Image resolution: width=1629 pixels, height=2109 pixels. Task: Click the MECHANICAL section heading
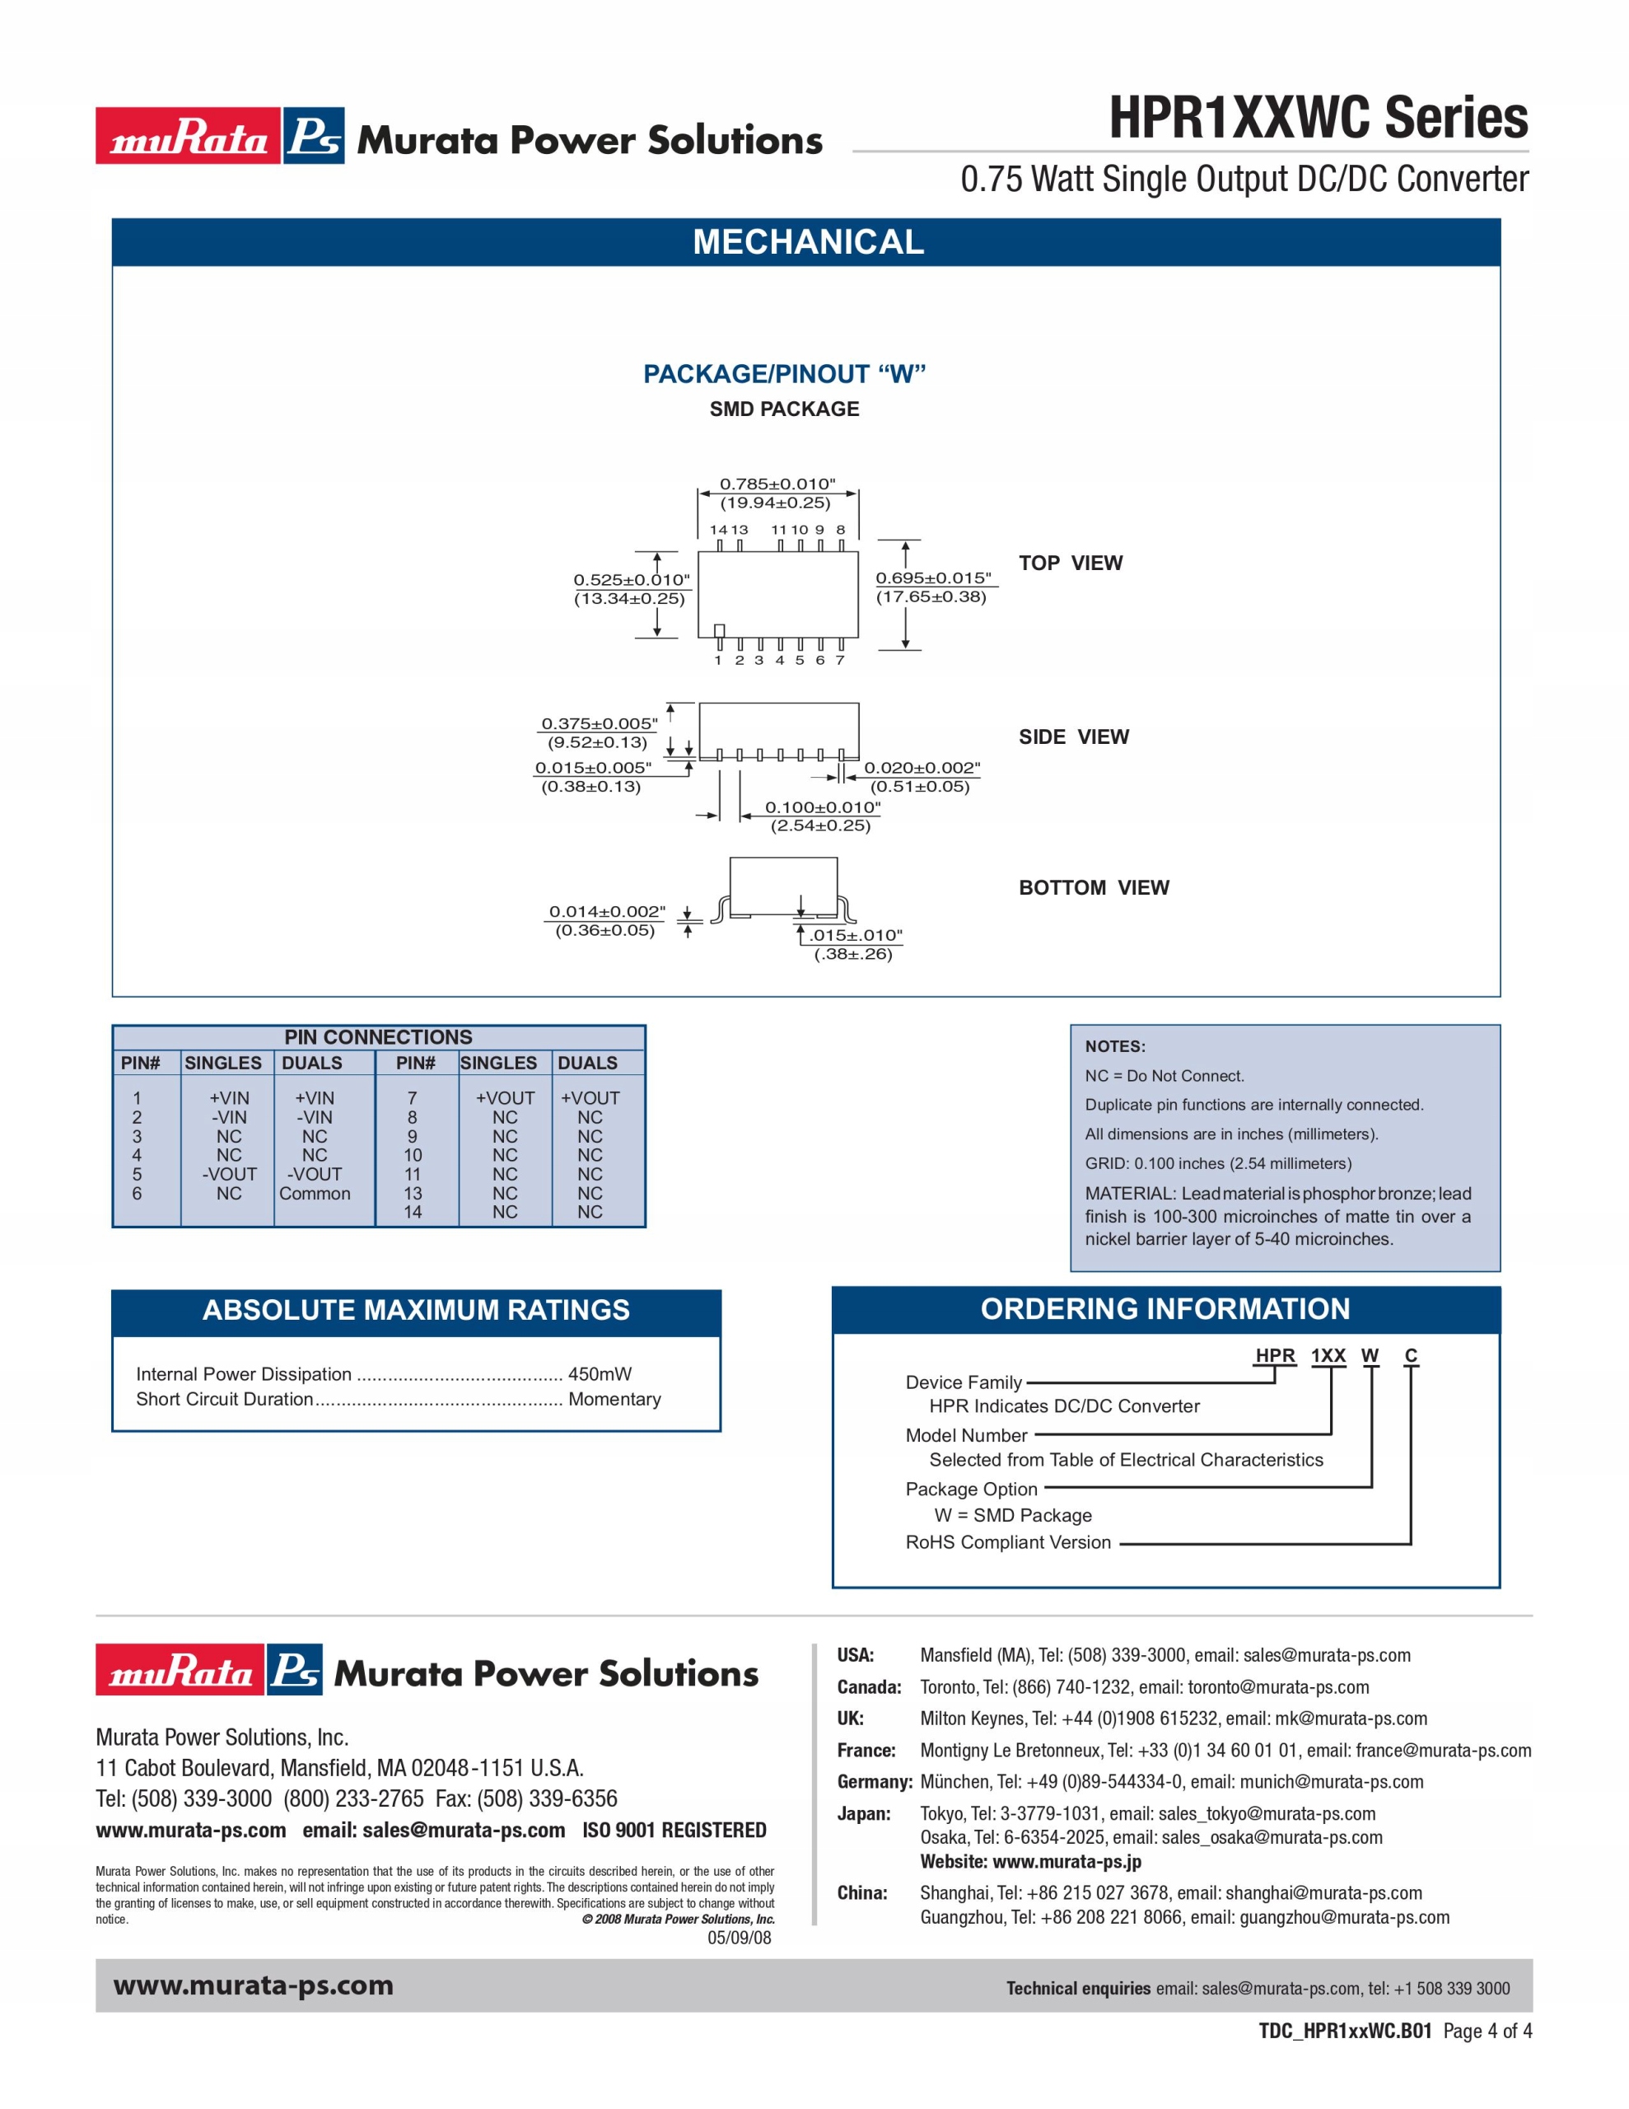[x=807, y=241]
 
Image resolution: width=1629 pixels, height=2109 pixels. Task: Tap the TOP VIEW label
[x=1070, y=563]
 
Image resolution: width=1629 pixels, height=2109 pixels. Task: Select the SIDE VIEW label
[x=1073, y=737]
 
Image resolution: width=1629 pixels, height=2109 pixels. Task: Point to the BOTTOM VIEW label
[x=1093, y=887]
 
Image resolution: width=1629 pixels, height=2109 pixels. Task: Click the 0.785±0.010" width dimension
[x=777, y=484]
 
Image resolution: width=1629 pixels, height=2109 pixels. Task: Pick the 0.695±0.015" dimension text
[x=933, y=578]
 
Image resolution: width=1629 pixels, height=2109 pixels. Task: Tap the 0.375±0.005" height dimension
[x=599, y=723]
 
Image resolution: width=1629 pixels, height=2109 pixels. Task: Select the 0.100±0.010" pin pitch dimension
[x=823, y=807]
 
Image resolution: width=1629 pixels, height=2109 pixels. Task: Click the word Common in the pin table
[x=315, y=1194]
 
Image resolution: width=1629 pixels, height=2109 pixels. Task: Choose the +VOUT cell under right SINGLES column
[x=504, y=1098]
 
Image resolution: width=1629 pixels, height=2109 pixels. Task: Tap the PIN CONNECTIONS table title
[x=377, y=1037]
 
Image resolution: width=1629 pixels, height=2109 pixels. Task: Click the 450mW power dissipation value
[x=600, y=1374]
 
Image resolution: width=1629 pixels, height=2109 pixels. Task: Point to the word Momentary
[x=614, y=1399]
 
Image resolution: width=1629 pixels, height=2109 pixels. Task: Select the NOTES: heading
[x=1114, y=1047]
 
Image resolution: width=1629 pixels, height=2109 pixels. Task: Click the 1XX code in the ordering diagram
[x=1328, y=1356]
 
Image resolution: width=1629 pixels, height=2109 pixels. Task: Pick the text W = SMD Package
[x=1012, y=1515]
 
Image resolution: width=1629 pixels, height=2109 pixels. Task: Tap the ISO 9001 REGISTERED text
[x=674, y=1830]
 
